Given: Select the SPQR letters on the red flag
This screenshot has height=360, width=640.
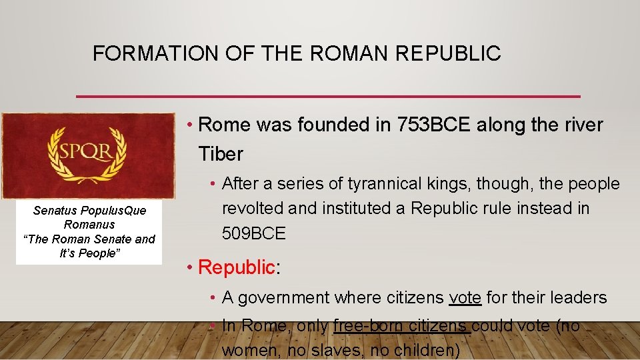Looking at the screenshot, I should pos(87,152).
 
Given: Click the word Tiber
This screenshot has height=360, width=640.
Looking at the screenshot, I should pos(221,154).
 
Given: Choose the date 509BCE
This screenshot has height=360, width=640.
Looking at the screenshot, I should pos(253,233).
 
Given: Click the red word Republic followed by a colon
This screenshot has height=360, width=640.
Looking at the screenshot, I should pos(237,267).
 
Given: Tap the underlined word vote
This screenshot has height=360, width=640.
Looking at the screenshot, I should pos(465,297).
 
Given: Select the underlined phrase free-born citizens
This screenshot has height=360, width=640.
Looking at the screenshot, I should pos(401,326).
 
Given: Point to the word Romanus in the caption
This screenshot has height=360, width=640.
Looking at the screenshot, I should pos(89,225).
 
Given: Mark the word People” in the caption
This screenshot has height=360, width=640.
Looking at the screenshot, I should pos(99,253).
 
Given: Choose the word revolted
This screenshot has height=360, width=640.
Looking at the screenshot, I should pos(251,209).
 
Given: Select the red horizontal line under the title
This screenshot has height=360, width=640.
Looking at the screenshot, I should pos(328,97).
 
